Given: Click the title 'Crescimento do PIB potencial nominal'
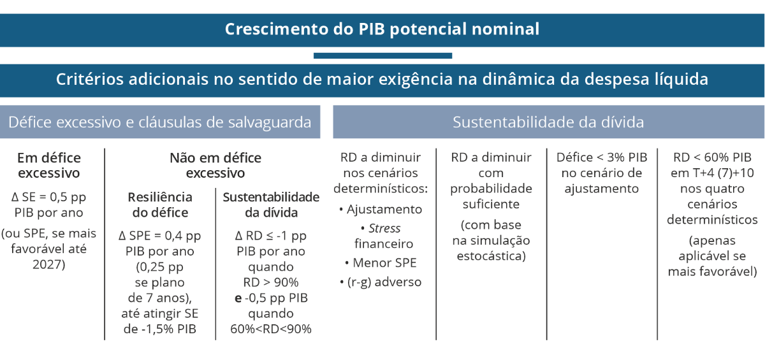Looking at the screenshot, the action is [382, 29].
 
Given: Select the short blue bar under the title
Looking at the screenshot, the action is [383, 55].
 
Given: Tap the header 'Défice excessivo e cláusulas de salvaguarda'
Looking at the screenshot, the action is [160, 122].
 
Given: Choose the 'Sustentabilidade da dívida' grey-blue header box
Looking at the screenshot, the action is [548, 122].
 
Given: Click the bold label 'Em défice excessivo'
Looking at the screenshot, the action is [49, 166].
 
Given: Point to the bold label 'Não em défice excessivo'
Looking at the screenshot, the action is [215, 166].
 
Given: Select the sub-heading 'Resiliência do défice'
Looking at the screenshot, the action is [160, 205].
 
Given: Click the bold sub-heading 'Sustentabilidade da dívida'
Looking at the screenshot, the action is [271, 205].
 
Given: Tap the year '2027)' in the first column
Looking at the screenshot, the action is [49, 264].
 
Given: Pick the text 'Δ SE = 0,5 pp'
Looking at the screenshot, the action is [49, 197].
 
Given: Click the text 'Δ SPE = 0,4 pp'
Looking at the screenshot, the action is [160, 236].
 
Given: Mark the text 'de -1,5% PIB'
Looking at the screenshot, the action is [160, 329].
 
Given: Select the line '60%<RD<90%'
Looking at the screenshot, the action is [271, 329].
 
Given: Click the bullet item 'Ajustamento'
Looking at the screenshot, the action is [381, 209].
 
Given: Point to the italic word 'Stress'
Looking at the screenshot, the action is [384, 228].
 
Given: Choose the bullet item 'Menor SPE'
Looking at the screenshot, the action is [381, 263].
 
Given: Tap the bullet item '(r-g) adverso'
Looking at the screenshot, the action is [381, 282].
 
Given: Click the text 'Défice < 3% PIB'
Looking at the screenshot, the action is [602, 157].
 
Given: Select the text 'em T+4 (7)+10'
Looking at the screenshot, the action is [713, 173].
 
